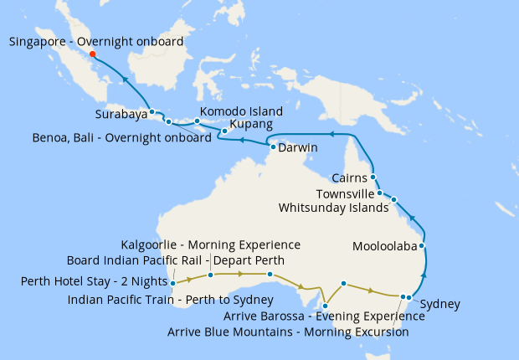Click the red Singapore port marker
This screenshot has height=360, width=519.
click(92, 54)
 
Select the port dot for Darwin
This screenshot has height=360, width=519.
click(274, 147)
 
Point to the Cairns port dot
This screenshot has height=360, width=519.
click(373, 177)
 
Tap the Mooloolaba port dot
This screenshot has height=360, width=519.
click(422, 246)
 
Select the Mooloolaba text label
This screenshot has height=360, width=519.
click(385, 247)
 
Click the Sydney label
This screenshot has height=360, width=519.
click(439, 304)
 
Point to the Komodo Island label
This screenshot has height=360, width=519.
click(241, 111)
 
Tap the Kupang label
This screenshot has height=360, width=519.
click(250, 125)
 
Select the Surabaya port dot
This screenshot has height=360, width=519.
click(152, 111)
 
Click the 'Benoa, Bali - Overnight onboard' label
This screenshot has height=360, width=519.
click(121, 138)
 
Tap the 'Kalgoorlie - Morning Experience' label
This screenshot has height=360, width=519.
click(210, 244)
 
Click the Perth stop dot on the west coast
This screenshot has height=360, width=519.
click(172, 283)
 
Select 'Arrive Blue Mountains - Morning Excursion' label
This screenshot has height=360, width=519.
click(288, 332)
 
